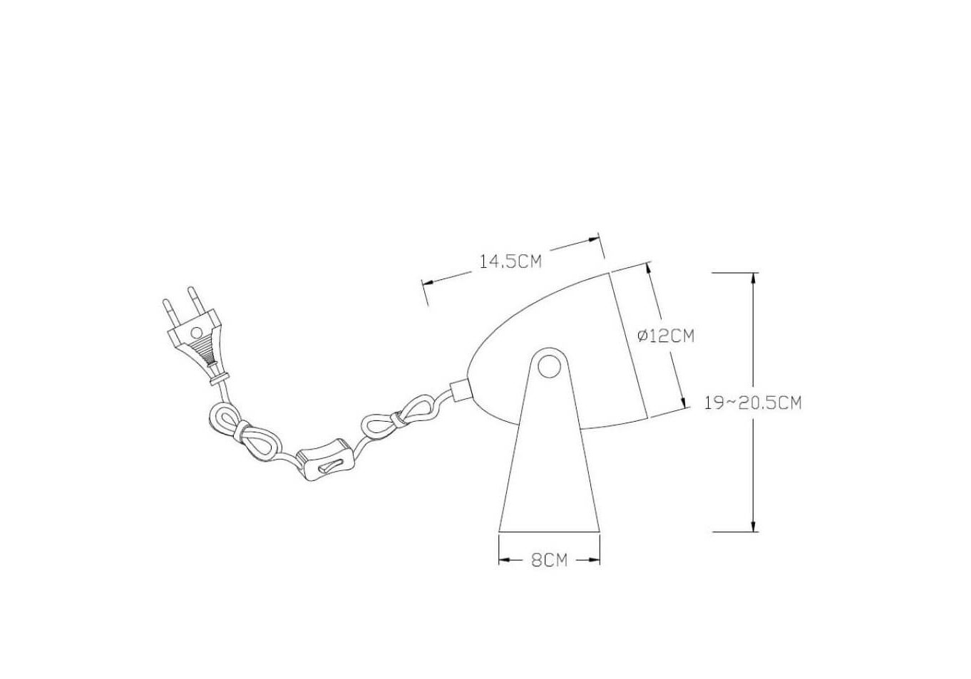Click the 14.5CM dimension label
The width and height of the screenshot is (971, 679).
(510, 261)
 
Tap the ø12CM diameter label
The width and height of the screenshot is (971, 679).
(666, 336)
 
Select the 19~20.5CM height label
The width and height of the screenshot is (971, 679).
(753, 403)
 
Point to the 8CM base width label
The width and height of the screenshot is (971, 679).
(549, 560)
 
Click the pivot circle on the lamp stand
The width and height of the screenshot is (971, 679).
(549, 366)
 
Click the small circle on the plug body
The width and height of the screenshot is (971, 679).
(196, 332)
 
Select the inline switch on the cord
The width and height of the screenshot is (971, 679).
(324, 460)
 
